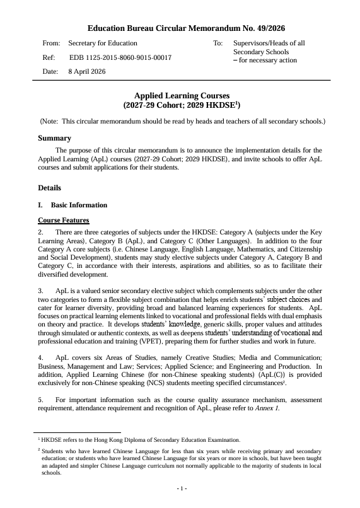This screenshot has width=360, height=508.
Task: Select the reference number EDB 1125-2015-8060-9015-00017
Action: (x=120, y=57)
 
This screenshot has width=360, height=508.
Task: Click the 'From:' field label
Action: (x=51, y=43)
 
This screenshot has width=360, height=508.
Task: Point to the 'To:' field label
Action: (x=218, y=43)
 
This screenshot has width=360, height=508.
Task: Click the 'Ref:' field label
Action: (x=49, y=57)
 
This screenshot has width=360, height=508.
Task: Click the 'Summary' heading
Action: (x=54, y=138)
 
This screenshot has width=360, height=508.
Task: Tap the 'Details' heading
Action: (x=50, y=188)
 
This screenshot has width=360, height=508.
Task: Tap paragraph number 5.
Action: (x=41, y=399)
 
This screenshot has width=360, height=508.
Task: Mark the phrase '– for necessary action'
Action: (x=265, y=60)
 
